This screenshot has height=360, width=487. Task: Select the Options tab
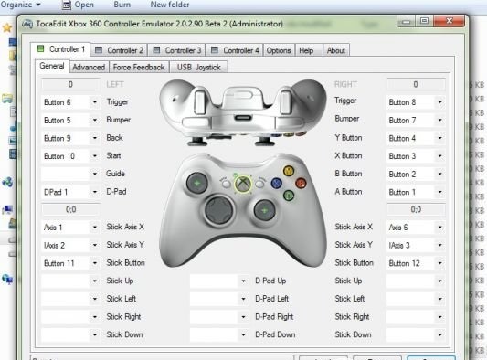[x=280, y=50]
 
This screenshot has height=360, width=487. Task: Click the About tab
[x=336, y=50]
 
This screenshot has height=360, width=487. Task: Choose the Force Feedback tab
[x=139, y=67]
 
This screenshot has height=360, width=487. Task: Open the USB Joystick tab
[x=198, y=67]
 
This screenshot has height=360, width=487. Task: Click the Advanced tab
[x=89, y=67]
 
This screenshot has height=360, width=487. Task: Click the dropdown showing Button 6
[x=69, y=101]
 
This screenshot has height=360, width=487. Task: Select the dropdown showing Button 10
[x=69, y=155]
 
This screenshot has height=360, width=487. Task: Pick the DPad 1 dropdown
[x=69, y=191]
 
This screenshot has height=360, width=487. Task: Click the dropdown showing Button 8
[x=415, y=101]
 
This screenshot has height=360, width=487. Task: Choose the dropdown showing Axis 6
[x=415, y=227]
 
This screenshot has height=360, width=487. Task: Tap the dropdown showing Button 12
[x=415, y=262]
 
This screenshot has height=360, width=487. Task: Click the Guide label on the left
[x=116, y=174]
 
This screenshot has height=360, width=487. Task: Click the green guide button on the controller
[x=242, y=184]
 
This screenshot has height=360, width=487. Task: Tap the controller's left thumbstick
[x=196, y=185]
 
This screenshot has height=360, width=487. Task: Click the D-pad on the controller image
[x=218, y=212]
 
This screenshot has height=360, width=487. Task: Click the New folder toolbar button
[x=170, y=5]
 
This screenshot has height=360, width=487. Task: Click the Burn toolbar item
[x=121, y=5]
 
